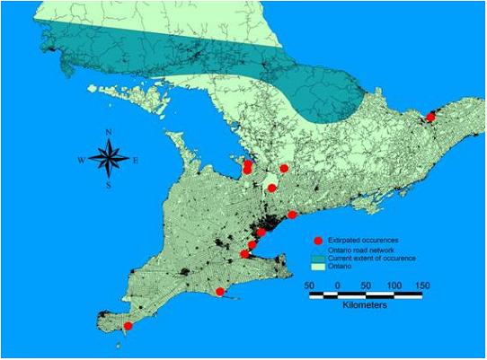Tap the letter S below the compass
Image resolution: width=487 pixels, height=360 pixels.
109,186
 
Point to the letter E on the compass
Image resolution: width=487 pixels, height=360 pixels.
136,161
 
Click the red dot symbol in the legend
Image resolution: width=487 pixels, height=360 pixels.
317,241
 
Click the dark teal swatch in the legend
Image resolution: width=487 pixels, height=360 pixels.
317,258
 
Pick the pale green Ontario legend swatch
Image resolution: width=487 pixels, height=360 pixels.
317,267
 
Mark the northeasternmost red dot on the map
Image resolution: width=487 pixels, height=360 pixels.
430,117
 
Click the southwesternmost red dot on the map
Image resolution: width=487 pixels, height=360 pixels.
128,327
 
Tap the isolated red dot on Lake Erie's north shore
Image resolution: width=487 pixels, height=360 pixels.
220,291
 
